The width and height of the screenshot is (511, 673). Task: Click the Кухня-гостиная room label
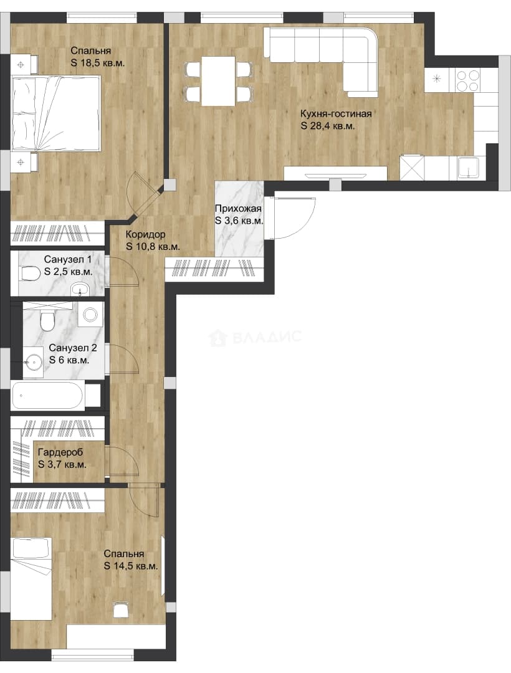pyautogui.click(x=336, y=114)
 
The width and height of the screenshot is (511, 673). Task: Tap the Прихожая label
pyautogui.click(x=238, y=209)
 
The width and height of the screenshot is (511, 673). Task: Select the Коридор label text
pyautogui.click(x=145, y=234)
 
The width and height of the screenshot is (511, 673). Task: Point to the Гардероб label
pyautogui.click(x=60, y=452)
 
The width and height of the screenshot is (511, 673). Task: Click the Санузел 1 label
pyautogui.click(x=68, y=259)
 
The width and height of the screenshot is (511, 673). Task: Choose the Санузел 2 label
pyautogui.click(x=73, y=348)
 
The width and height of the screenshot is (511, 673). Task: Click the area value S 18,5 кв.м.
pyautogui.click(x=98, y=63)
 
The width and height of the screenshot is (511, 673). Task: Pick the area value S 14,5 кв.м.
pyautogui.click(x=131, y=566)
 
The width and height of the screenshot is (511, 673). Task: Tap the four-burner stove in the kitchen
pyautogui.click(x=467, y=80)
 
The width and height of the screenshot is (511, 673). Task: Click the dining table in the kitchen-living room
pyautogui.click(x=219, y=81)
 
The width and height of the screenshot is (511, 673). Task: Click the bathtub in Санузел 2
pyautogui.click(x=47, y=395)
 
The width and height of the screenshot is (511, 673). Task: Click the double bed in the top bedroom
pyautogui.click(x=56, y=114)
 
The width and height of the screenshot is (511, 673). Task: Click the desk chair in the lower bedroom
pyautogui.click(x=120, y=609)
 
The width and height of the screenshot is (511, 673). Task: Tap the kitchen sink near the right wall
pyautogui.click(x=468, y=168)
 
